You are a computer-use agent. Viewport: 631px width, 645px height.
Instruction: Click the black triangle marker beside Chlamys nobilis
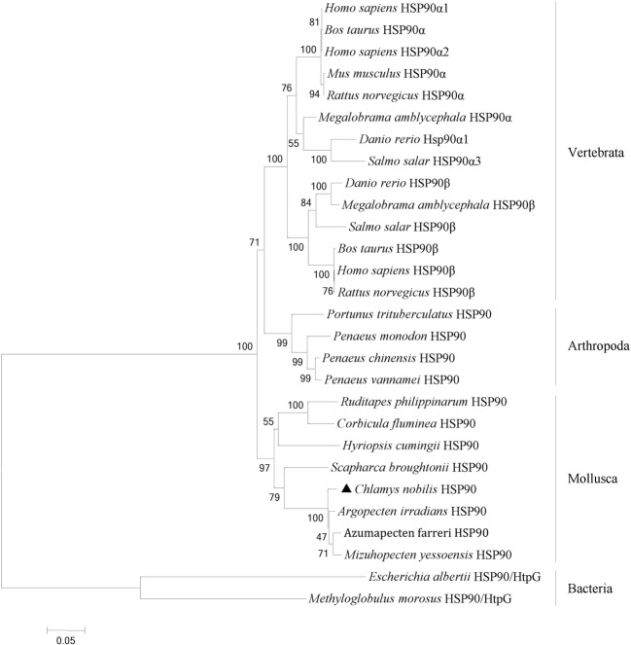(x=347, y=489)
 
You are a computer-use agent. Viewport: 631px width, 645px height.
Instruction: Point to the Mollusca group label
(x=590, y=480)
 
